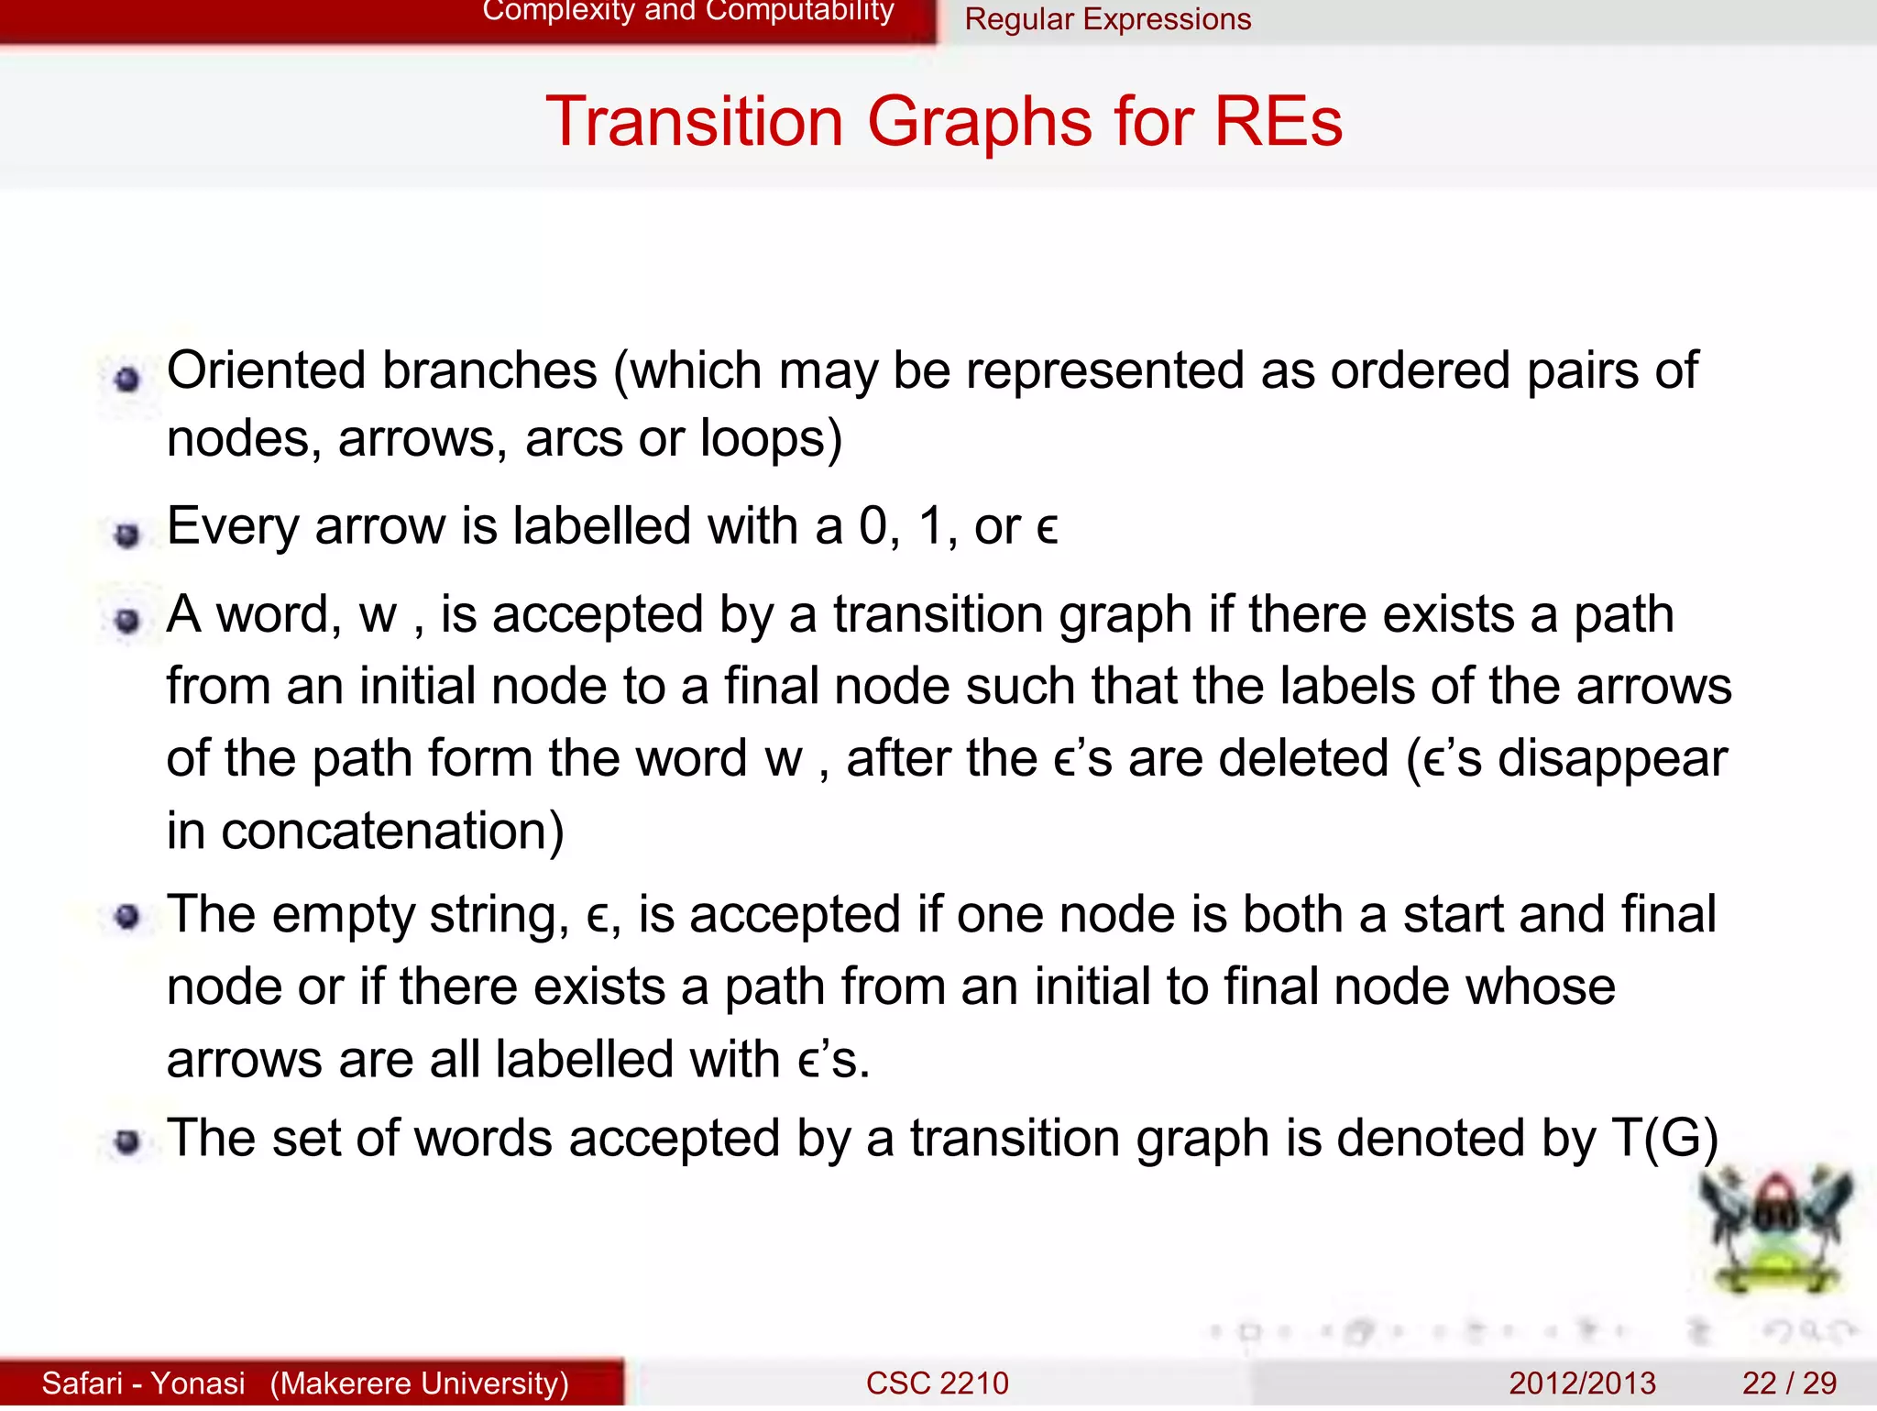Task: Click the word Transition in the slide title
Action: coord(694,122)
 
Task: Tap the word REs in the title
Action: coord(1278,122)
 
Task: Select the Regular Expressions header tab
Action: coord(1107,19)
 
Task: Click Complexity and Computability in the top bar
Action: coord(687,12)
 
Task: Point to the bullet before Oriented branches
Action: coord(127,379)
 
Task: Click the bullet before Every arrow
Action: coord(127,534)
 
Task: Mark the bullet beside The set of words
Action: coord(127,1142)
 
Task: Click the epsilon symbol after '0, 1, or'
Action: coord(1047,530)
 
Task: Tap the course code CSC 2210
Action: coord(937,1383)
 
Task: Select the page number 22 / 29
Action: coord(1789,1383)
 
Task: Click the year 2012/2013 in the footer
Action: coord(1582,1383)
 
